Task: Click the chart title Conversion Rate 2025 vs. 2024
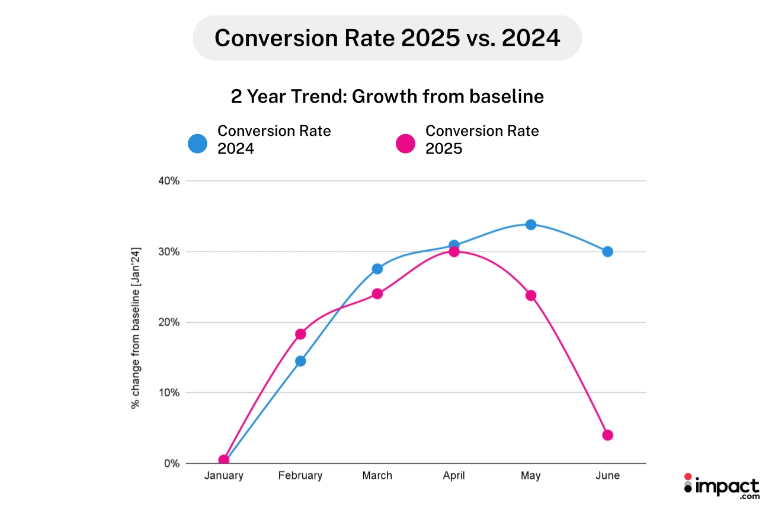point(387,38)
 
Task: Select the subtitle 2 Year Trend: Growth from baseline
point(387,96)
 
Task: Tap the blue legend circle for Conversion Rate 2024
point(197,144)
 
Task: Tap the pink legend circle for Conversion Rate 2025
point(405,144)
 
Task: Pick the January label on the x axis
point(223,476)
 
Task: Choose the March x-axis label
point(377,476)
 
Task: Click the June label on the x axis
point(607,476)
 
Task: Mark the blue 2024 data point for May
point(531,224)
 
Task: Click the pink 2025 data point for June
point(607,435)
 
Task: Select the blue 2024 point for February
point(300,361)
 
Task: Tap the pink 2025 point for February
point(300,334)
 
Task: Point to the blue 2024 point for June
point(607,252)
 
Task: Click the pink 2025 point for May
point(531,295)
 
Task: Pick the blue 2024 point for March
point(377,269)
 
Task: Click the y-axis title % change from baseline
point(135,326)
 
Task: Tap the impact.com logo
point(721,487)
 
